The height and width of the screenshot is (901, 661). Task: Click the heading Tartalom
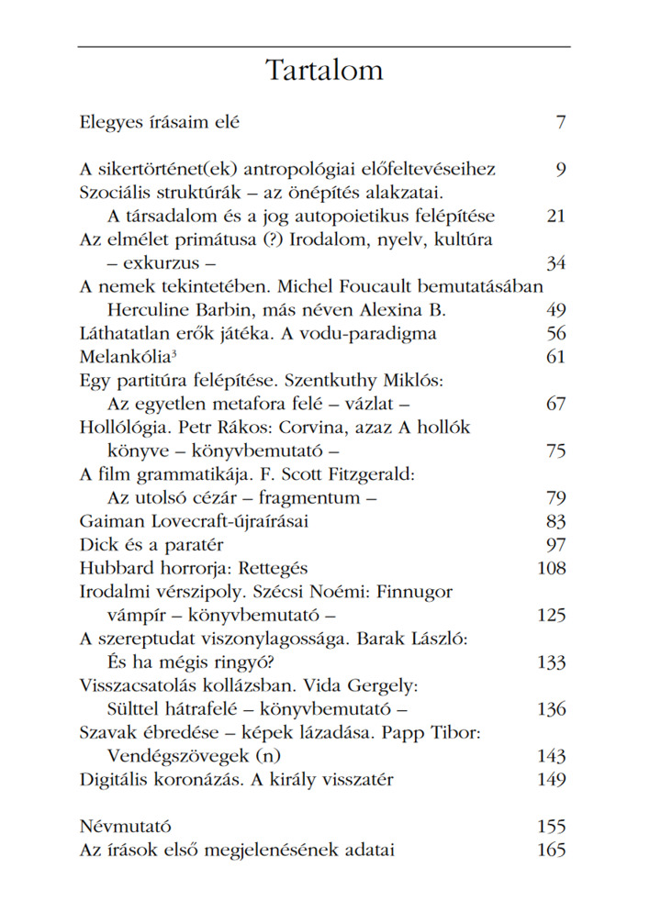pos(324,71)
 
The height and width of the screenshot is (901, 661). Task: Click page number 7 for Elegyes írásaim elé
pos(560,122)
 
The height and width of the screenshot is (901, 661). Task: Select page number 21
pos(555,217)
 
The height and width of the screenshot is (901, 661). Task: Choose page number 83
pos(555,521)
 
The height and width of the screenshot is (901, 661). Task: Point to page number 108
pos(551,568)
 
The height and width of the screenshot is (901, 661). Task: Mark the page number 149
pos(551,780)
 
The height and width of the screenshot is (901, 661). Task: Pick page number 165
pos(551,850)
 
